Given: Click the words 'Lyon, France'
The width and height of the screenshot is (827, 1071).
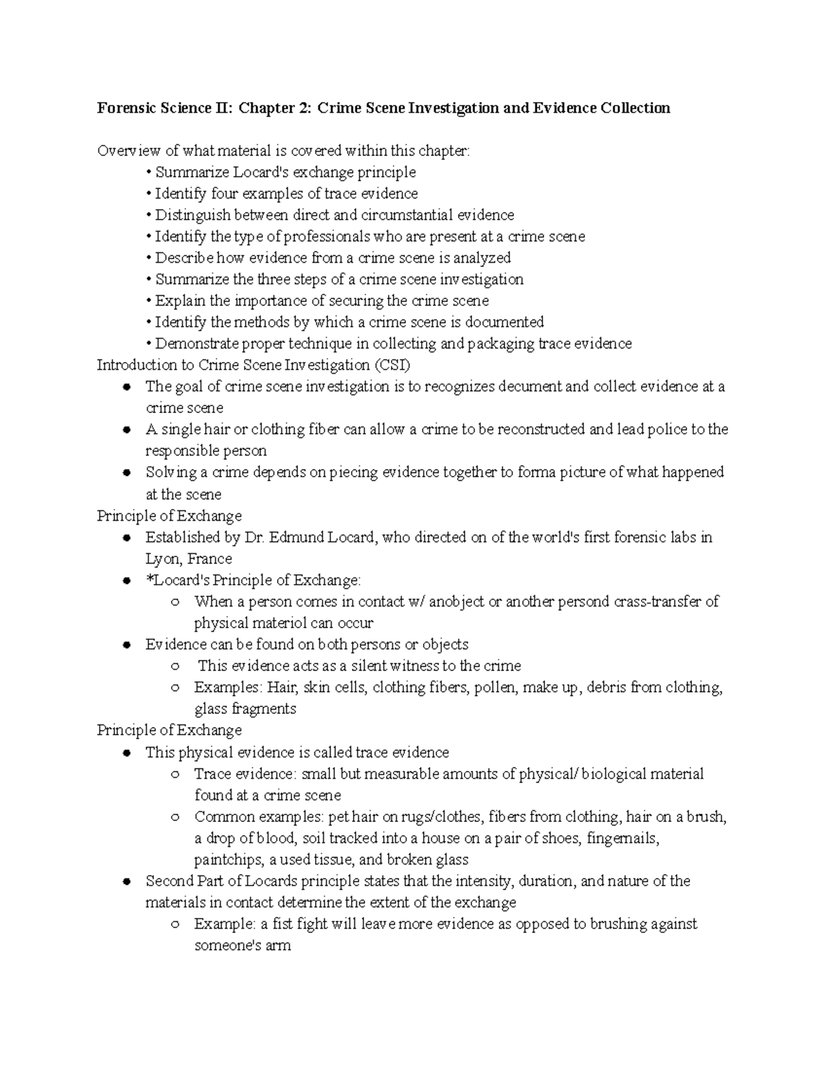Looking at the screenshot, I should click(188, 559).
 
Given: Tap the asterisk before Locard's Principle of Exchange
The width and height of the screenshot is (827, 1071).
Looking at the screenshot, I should click(148, 579).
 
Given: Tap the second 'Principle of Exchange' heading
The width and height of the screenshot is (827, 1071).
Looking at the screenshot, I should click(170, 730).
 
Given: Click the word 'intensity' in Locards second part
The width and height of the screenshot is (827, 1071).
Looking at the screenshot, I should click(483, 881).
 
